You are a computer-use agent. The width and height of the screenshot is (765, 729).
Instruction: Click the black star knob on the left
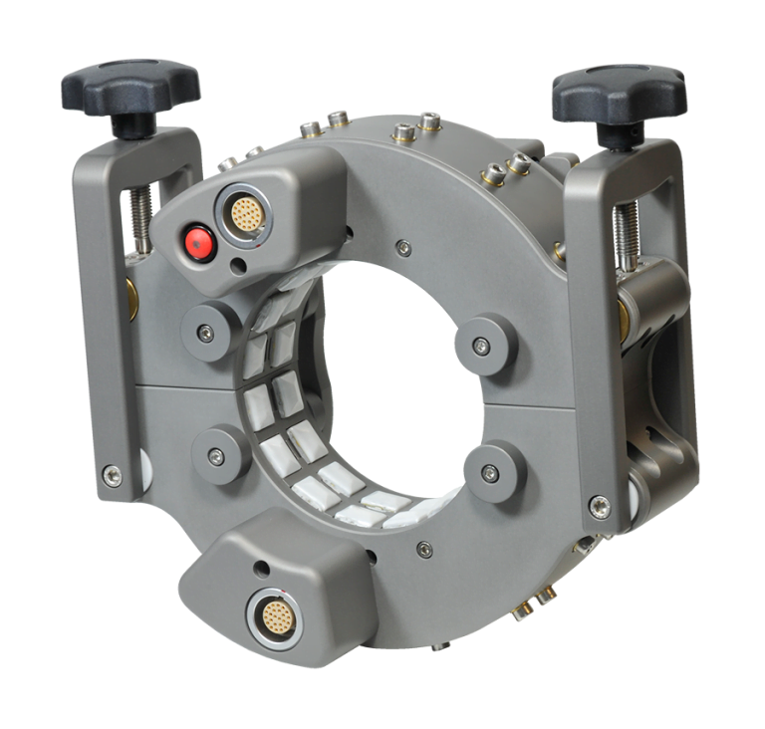point(130,88)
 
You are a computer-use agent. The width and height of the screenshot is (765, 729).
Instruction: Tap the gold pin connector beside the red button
point(246,211)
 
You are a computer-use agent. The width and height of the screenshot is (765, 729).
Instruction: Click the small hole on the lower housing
point(261,568)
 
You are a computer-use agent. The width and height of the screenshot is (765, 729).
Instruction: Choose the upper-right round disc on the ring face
point(482,346)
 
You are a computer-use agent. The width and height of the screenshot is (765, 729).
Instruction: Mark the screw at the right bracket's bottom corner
point(598,506)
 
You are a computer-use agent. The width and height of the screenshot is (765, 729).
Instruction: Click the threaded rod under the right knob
point(625,234)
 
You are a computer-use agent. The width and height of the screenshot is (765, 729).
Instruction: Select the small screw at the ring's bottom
point(425,548)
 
